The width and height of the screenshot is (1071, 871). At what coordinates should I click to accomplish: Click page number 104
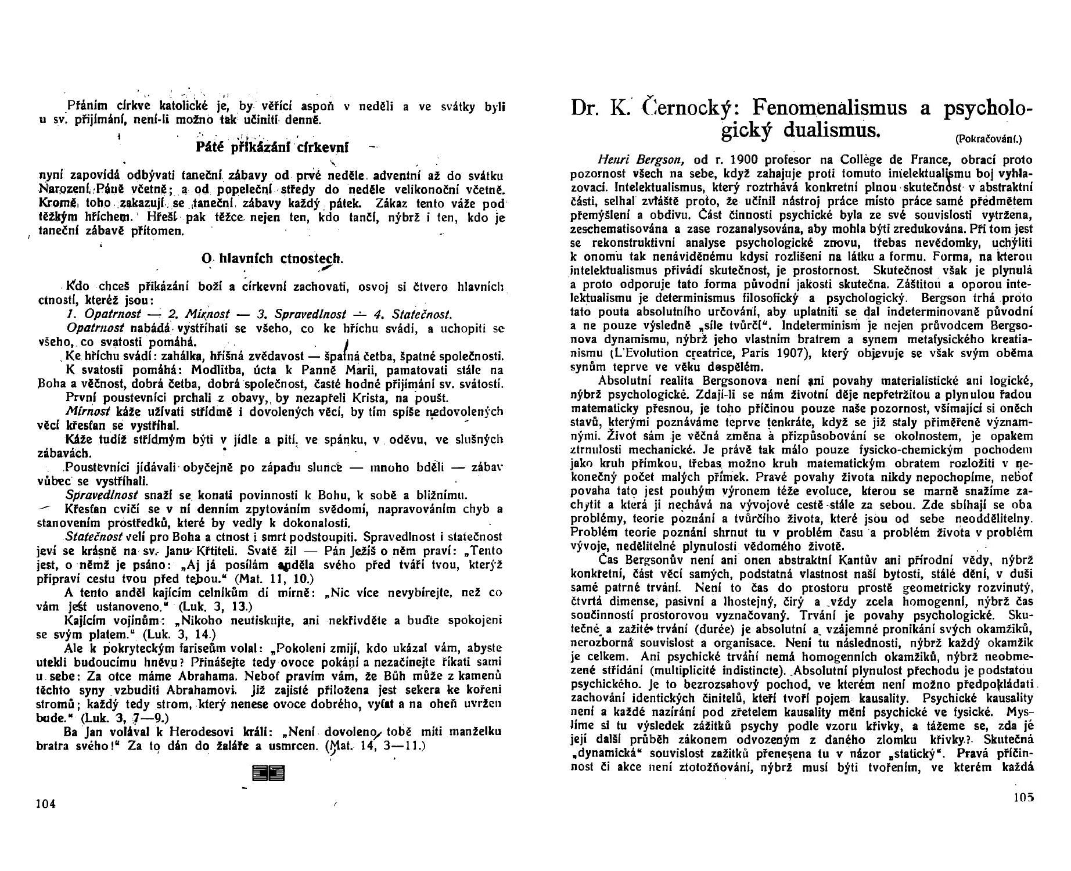point(45,804)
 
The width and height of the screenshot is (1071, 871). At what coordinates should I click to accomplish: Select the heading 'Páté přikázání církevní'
point(272,147)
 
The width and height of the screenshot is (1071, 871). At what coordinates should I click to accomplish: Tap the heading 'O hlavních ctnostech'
point(272,258)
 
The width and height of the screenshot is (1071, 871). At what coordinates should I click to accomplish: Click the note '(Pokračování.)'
point(987,139)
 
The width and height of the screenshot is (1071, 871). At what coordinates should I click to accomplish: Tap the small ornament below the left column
point(268,773)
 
